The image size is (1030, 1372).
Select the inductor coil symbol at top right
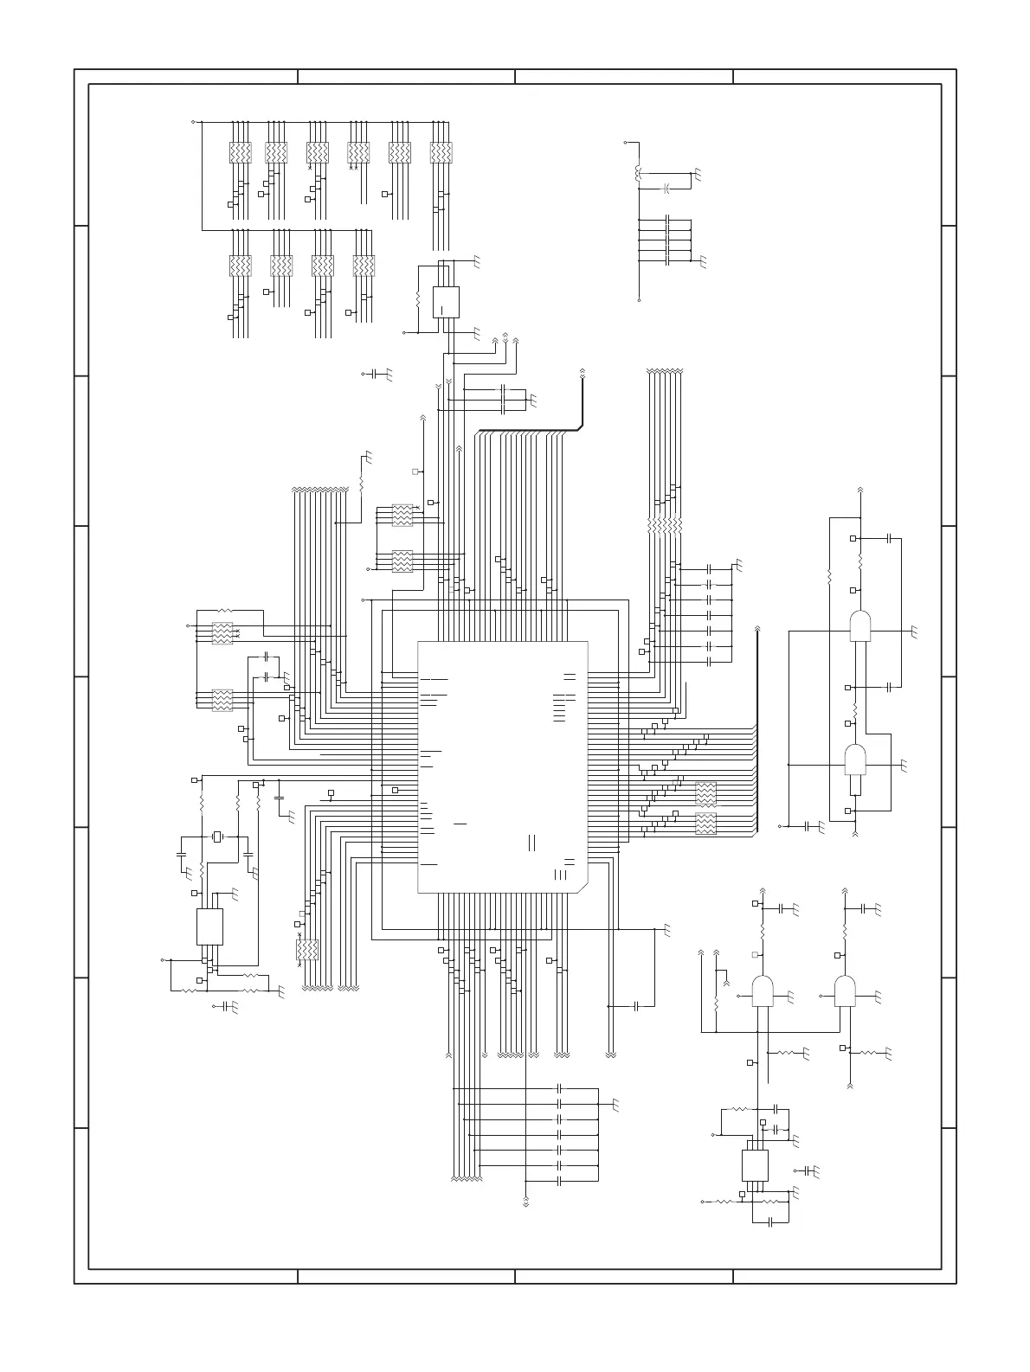click(639, 174)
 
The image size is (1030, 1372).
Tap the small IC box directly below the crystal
click(209, 926)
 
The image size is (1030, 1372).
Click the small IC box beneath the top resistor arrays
click(446, 302)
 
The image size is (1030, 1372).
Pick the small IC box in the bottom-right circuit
click(755, 1164)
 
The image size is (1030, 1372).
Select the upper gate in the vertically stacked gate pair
click(859, 626)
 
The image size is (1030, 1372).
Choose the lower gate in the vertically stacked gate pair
click(855, 760)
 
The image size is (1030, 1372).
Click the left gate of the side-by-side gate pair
click(763, 991)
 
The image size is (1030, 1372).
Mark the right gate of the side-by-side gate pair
click(845, 991)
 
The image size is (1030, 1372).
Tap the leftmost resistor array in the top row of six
click(240, 153)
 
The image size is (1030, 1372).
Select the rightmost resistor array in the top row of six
click(441, 153)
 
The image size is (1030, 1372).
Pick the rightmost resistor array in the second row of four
click(364, 266)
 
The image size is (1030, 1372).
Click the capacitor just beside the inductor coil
click(666, 188)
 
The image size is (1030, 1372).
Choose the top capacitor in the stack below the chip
click(560, 1087)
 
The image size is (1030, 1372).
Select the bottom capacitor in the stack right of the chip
click(709, 662)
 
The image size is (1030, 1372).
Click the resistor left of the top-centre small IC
click(418, 301)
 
